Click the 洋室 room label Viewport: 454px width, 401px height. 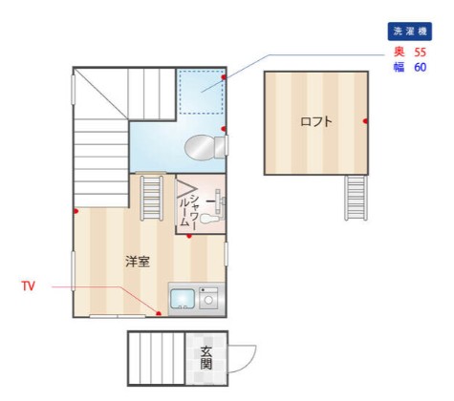(137, 262)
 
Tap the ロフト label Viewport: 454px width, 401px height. (316, 121)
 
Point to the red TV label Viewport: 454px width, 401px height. (29, 285)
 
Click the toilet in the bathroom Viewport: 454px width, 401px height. (203, 147)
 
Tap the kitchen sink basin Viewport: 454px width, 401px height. (182, 300)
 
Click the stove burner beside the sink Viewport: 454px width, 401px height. (208, 300)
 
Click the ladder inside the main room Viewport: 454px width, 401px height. (152, 197)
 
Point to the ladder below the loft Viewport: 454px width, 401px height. (356, 198)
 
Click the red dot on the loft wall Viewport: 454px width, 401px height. (366, 121)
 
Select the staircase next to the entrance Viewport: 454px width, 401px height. (157, 357)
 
